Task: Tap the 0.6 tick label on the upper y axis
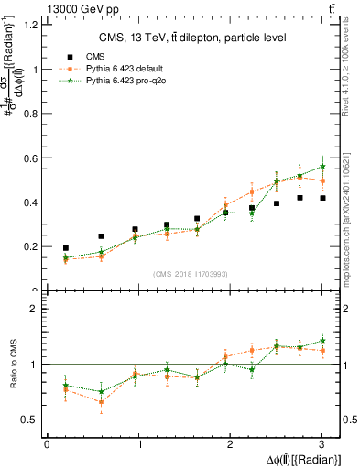click(x=28, y=158)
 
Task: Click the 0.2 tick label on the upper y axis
click(x=28, y=246)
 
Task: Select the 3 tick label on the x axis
click(x=322, y=444)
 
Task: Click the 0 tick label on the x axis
click(x=47, y=444)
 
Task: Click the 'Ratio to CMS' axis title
click(x=12, y=365)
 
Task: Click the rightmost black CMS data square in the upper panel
click(x=322, y=198)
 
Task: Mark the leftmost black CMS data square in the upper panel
click(x=66, y=248)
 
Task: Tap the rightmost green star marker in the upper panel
click(x=322, y=166)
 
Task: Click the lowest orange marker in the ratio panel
click(x=101, y=402)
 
